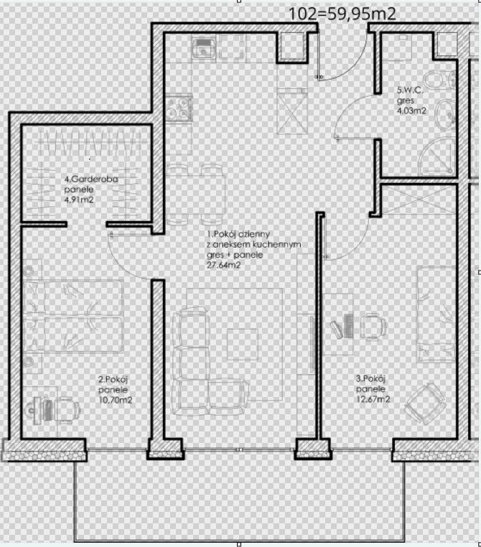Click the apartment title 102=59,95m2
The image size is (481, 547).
[342, 14]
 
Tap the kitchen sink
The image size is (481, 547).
[203, 47]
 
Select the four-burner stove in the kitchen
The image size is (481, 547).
[179, 108]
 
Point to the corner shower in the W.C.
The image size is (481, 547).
[437, 156]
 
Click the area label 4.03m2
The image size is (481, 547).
[411, 111]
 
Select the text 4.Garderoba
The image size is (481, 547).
[91, 179]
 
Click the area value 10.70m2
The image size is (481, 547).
[116, 400]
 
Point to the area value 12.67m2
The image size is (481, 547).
[373, 399]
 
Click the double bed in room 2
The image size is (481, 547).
[74, 316]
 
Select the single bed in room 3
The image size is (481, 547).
[436, 314]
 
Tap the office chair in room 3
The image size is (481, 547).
[373, 327]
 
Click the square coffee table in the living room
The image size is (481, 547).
[243, 344]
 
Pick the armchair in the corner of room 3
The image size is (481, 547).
[425, 403]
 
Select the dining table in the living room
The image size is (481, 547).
[196, 195]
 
